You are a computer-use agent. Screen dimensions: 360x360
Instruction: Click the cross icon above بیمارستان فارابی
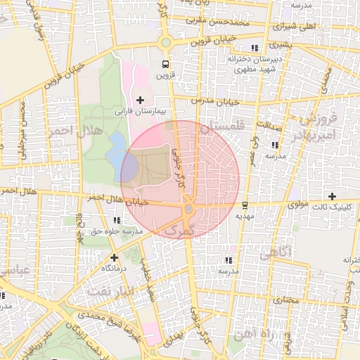click(x=141, y=101)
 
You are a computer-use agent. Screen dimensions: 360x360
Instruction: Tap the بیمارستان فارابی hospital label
click(x=141, y=111)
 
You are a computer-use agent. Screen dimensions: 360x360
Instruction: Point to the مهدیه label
click(x=244, y=217)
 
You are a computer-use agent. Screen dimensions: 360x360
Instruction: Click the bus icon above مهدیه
click(x=244, y=206)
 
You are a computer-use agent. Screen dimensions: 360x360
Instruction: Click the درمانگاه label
click(x=114, y=268)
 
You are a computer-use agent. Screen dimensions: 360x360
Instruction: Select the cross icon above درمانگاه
click(x=114, y=257)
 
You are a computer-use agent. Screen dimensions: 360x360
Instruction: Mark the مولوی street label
click(x=300, y=205)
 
